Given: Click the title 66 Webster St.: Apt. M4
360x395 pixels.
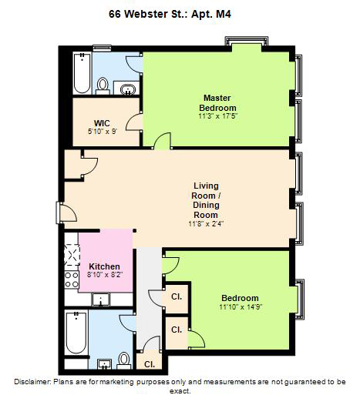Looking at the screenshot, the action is coord(170,14).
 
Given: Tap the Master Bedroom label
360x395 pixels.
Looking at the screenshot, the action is coord(217,102).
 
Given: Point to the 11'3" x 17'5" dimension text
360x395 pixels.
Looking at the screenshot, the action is coord(217,116).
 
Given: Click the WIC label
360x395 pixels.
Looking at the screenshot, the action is coord(102,123).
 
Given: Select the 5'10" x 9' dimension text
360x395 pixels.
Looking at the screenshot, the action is coord(102,132).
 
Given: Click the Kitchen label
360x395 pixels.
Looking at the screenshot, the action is coord(104,266).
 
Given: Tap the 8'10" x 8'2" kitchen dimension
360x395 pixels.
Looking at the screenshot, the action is coord(105,275).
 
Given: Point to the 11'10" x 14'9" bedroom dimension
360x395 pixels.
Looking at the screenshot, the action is coord(241,307).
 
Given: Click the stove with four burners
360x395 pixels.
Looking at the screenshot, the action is coord(72,280).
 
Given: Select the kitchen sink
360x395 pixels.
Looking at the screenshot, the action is coord(101,300).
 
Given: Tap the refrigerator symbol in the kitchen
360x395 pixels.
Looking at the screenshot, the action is coord(72,255).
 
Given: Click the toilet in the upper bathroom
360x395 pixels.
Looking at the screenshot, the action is coord(103,86).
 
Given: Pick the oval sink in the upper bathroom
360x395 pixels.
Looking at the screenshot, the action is coord(128,89).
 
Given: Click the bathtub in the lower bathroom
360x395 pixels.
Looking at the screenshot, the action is coord(76,333).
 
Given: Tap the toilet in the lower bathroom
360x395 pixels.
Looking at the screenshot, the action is coord(124,360).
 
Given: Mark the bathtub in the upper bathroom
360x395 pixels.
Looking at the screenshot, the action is coord(82,73).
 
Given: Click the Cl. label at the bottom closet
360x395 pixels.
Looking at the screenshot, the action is coord(150,364).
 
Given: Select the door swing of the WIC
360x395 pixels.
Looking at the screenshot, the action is coord(133,122).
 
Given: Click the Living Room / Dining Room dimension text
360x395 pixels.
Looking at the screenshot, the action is coord(206,224).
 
